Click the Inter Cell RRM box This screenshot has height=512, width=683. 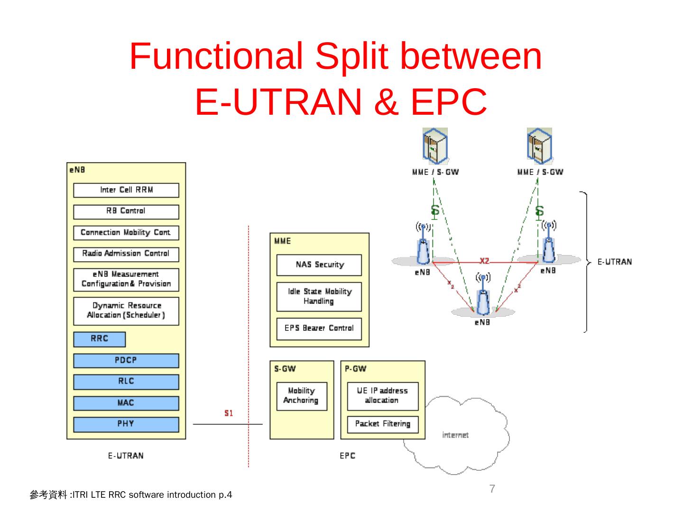(x=126, y=190)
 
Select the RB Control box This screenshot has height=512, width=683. (x=126, y=211)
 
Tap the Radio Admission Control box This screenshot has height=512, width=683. (x=126, y=254)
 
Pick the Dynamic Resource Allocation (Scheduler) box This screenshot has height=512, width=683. (x=126, y=311)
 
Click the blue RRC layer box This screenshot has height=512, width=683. (x=100, y=339)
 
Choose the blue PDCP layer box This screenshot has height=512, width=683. (x=126, y=360)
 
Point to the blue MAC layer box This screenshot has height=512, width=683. (x=126, y=403)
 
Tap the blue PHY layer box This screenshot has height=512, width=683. (x=126, y=424)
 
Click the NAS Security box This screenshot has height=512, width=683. (x=319, y=265)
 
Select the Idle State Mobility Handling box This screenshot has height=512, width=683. (x=319, y=297)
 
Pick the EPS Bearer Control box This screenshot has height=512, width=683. (x=319, y=329)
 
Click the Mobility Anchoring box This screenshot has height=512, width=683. (x=302, y=396)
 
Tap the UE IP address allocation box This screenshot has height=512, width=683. (x=382, y=396)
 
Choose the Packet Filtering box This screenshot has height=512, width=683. (x=382, y=424)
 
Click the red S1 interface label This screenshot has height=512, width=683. (x=229, y=413)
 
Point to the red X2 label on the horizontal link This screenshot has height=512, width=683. (x=484, y=261)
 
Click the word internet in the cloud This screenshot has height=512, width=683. (x=455, y=435)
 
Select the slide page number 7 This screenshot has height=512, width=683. (x=492, y=489)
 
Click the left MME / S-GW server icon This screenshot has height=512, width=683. (x=435, y=146)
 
